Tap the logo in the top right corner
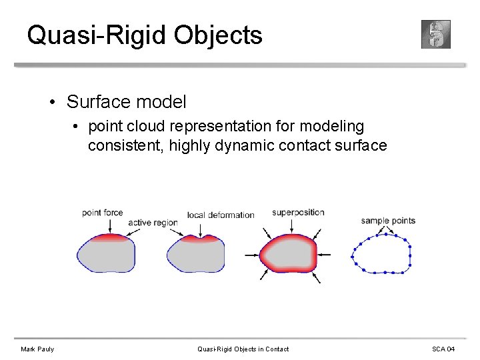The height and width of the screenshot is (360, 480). [436, 34]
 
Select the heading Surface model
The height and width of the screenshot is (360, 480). [127, 102]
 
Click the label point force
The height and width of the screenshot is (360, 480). [103, 213]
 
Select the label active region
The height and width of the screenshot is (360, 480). [153, 223]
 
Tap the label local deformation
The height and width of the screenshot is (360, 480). [221, 215]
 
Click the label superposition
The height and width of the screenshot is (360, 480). [298, 213]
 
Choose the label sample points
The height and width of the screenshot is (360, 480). [388, 221]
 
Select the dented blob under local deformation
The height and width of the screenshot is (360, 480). [195, 254]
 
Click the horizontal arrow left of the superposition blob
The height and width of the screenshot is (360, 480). [251, 255]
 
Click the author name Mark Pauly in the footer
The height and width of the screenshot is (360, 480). [37, 349]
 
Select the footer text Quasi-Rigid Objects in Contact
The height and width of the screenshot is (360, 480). [243, 349]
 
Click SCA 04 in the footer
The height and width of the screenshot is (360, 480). [443, 349]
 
